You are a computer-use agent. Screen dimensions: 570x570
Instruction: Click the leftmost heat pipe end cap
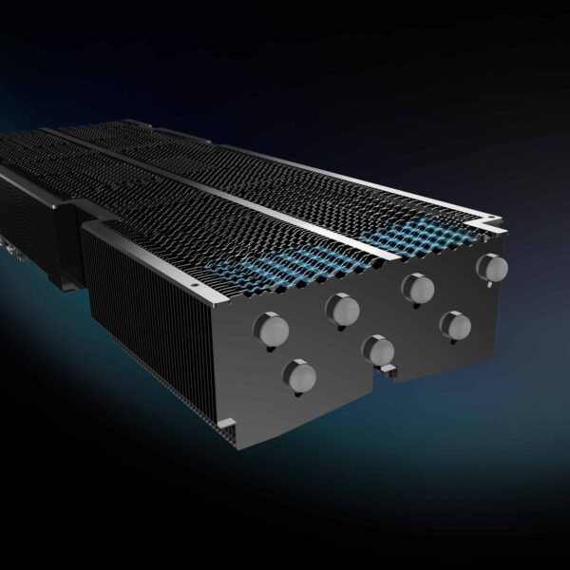271,330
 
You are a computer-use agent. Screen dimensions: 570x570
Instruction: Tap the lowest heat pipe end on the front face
300,377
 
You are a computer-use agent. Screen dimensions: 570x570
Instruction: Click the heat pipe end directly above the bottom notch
378,351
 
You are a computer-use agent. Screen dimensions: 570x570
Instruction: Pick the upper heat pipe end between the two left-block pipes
342,308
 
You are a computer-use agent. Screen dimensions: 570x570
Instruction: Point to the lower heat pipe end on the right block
455,326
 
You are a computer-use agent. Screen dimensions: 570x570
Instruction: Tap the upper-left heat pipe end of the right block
417,288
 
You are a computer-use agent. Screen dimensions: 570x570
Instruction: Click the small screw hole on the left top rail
195,283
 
